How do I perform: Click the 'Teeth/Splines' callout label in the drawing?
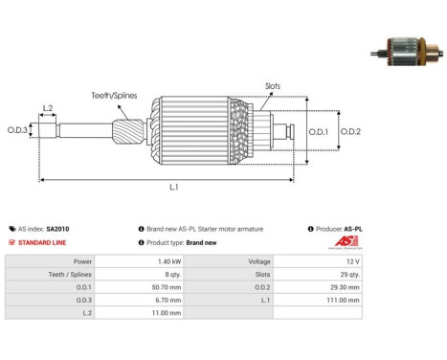114,96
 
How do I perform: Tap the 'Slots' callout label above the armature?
273,86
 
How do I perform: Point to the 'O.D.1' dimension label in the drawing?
319,131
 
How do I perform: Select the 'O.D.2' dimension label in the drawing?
350,131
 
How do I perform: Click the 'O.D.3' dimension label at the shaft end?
17,130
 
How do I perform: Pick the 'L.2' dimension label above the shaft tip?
48,108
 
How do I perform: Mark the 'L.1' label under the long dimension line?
174,187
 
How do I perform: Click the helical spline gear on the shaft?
128,131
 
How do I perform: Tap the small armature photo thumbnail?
407,52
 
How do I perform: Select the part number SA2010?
57,229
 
